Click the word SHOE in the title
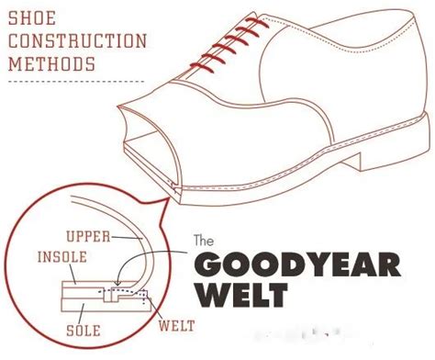(x=32, y=18)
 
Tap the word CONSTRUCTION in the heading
(x=78, y=41)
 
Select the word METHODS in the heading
(x=51, y=64)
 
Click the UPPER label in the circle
(x=88, y=237)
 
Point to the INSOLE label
(x=62, y=257)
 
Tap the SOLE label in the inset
(x=84, y=331)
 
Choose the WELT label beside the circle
(x=176, y=326)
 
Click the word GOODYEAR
(x=297, y=264)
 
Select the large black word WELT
(x=241, y=295)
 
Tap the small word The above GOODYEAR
(x=204, y=241)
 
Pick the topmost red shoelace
(x=257, y=23)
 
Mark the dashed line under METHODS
(x=76, y=82)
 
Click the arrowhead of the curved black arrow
(x=117, y=283)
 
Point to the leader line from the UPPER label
(x=127, y=238)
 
